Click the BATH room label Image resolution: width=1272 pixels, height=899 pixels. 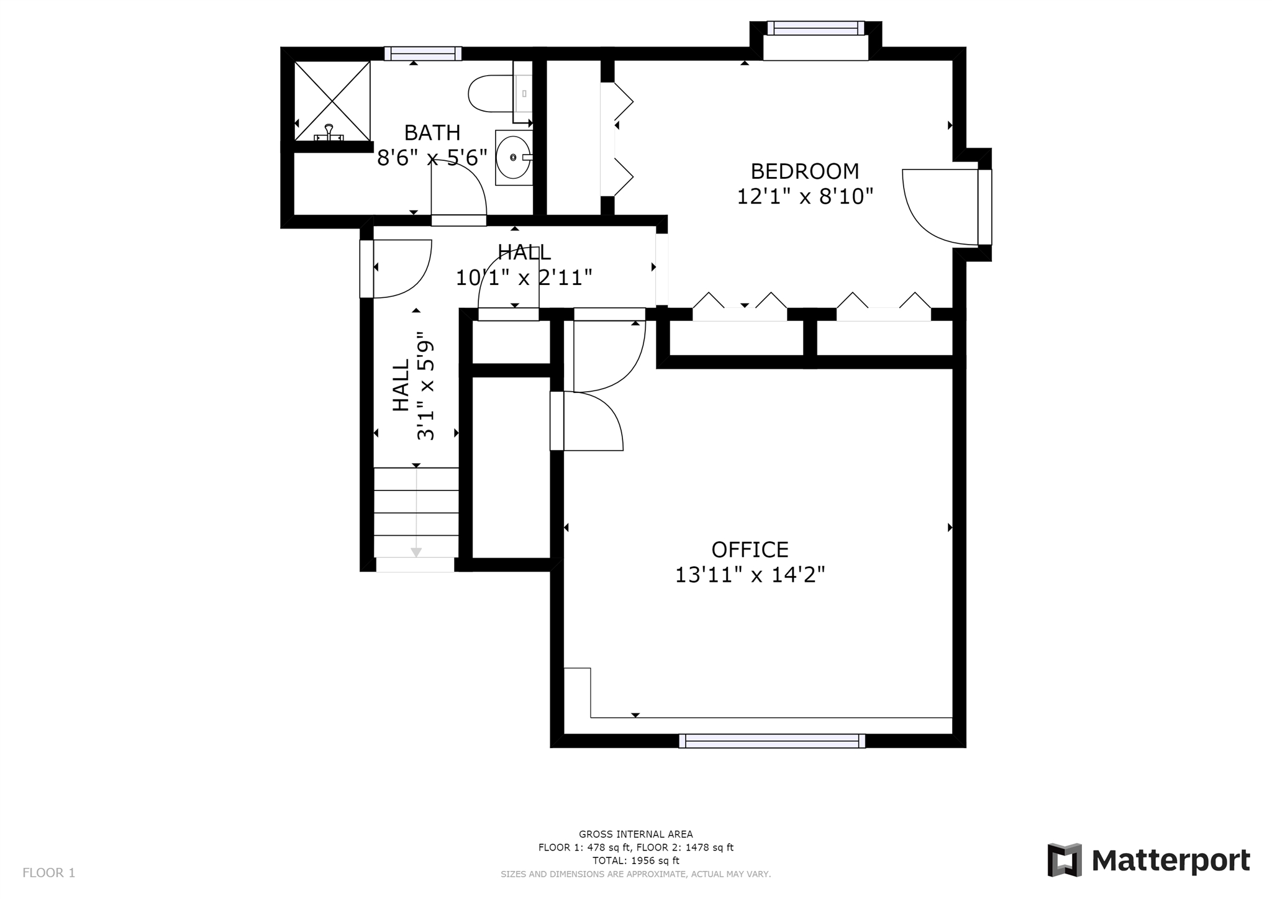pyautogui.click(x=432, y=132)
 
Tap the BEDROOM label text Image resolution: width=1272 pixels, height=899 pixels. pyautogui.click(x=805, y=171)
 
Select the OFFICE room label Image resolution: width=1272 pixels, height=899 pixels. pyautogui.click(x=750, y=549)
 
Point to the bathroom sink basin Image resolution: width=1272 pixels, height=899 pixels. pyautogui.click(x=514, y=157)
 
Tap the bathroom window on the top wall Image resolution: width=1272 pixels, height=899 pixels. pyautogui.click(x=423, y=53)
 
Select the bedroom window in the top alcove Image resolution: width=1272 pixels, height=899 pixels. pyautogui.click(x=815, y=28)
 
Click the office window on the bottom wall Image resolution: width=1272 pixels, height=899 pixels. pyautogui.click(x=772, y=741)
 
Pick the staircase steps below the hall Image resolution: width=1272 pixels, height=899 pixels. pyautogui.click(x=416, y=512)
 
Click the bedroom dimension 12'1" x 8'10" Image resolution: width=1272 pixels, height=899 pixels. pyautogui.click(x=805, y=196)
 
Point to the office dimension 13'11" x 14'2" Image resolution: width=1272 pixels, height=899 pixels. pyautogui.click(x=750, y=575)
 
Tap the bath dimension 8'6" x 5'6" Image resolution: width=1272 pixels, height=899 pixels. pyautogui.click(x=432, y=158)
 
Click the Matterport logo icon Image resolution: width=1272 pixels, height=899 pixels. pyautogui.click(x=1065, y=860)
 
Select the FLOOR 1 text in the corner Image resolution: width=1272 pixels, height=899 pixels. pyautogui.click(x=49, y=873)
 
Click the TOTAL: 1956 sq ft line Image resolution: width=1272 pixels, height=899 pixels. pyautogui.click(x=636, y=861)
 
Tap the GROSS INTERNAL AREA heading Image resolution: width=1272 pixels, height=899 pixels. pyautogui.click(x=636, y=834)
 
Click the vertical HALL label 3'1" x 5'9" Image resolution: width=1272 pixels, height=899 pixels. pyautogui.click(x=413, y=386)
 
